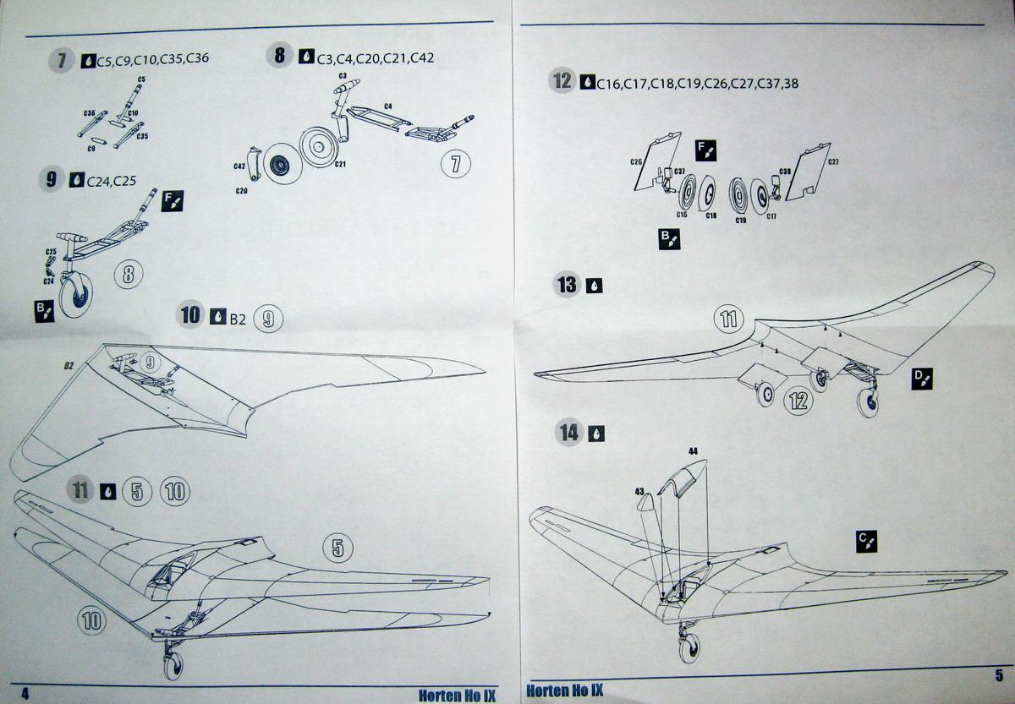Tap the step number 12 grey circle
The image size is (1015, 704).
(x=562, y=81)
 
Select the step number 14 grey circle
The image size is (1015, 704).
(x=570, y=433)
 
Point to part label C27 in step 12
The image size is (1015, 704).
(x=833, y=161)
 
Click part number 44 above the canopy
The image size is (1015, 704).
(x=693, y=451)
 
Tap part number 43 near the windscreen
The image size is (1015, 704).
(x=639, y=490)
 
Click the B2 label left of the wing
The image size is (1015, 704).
(x=69, y=366)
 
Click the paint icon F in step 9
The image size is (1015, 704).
(x=172, y=200)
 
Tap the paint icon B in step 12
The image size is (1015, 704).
(x=667, y=239)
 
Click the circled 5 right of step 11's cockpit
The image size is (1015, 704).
(x=337, y=548)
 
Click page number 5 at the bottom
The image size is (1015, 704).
(x=999, y=674)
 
